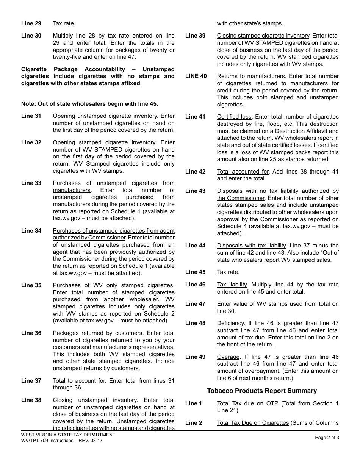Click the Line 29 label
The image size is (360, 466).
[x=31, y=23]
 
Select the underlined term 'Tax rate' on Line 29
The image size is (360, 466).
[x=63, y=23]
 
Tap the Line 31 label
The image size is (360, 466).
[x=31, y=116]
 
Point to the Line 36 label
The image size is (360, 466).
[x=31, y=333]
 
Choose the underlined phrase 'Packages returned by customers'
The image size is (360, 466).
[x=97, y=333]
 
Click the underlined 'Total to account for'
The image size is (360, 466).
[x=79, y=381]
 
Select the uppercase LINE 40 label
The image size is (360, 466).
[x=196, y=76]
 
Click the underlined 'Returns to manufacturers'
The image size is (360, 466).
[x=250, y=76]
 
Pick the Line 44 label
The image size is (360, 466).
[x=195, y=246]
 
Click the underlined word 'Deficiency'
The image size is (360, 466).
[x=230, y=323]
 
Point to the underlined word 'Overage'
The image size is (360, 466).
[x=228, y=357]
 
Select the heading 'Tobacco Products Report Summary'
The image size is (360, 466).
[x=262, y=391]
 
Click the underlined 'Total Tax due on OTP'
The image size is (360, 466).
[x=247, y=403]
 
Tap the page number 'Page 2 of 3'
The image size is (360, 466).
[x=327, y=438]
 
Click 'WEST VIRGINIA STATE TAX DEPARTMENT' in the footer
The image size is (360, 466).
[x=68, y=435]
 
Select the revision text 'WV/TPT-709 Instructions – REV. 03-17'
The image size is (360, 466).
[x=62, y=441]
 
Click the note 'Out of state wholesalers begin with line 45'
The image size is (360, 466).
[x=89, y=104]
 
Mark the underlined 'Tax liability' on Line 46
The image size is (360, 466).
[x=232, y=285]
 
